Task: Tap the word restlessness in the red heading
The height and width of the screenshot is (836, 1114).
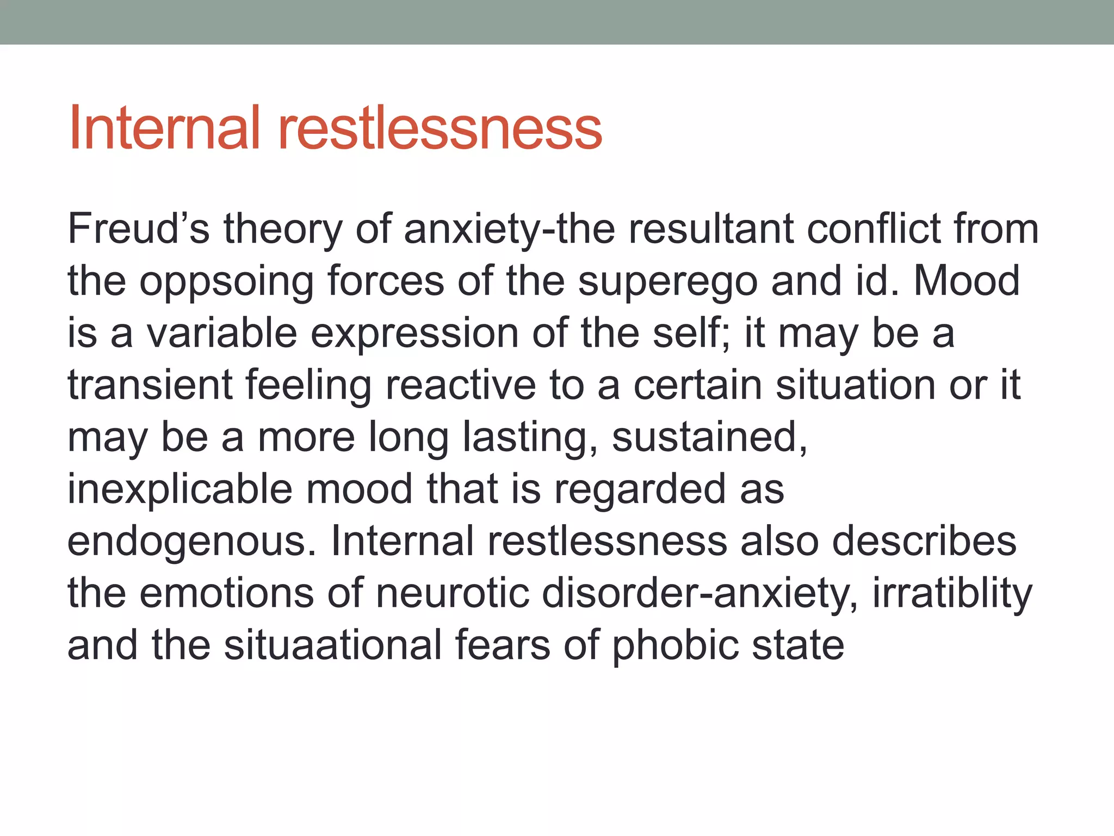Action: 440,128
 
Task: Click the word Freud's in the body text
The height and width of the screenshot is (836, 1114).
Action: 138,229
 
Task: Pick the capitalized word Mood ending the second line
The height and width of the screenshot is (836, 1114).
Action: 967,281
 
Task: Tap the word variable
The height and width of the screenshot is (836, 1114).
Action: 222,333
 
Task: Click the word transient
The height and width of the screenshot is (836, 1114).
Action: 150,385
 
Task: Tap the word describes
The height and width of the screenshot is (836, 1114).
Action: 924,541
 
